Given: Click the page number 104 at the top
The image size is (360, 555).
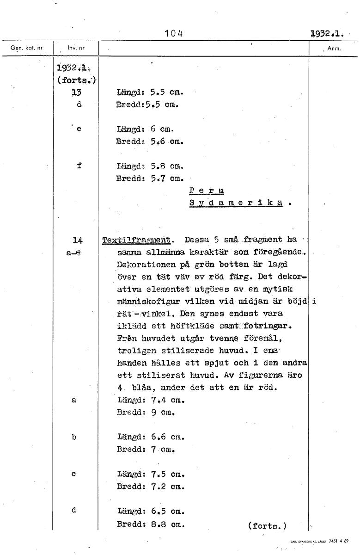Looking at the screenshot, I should [174, 33].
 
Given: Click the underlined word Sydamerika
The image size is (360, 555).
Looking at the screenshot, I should [236, 203].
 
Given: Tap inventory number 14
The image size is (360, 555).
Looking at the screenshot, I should [78, 240].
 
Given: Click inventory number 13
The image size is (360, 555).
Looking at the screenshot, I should [77, 92].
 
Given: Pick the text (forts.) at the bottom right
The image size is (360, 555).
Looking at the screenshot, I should [267, 525].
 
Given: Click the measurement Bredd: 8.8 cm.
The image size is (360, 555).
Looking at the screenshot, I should [151, 525].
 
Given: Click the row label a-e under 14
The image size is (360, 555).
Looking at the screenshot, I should [74, 253].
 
